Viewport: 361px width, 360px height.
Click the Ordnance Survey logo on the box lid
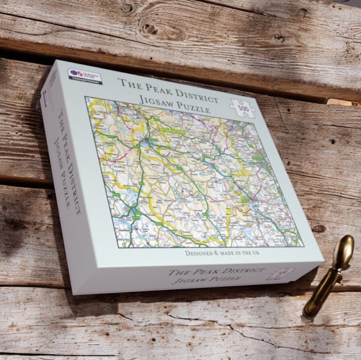pos(79,73)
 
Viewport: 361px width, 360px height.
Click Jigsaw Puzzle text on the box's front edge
pos(209,282)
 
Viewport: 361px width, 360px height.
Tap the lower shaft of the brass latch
pos(316,299)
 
